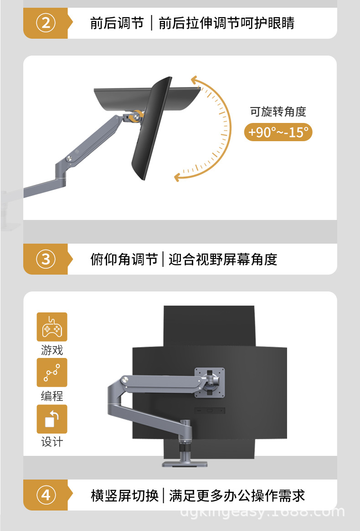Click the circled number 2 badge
(x=46, y=23)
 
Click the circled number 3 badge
(x=46, y=259)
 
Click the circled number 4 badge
(x=46, y=495)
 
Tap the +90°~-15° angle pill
(x=278, y=132)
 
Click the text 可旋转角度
(x=278, y=112)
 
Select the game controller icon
(x=52, y=327)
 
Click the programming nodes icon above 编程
(x=52, y=373)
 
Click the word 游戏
(x=52, y=350)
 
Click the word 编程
(x=52, y=396)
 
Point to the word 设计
(x=52, y=442)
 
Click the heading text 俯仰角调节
(x=123, y=260)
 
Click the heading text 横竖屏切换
(x=124, y=495)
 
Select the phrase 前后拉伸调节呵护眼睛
(x=226, y=23)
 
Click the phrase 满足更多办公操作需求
(x=237, y=495)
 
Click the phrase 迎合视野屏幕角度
(x=222, y=260)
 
